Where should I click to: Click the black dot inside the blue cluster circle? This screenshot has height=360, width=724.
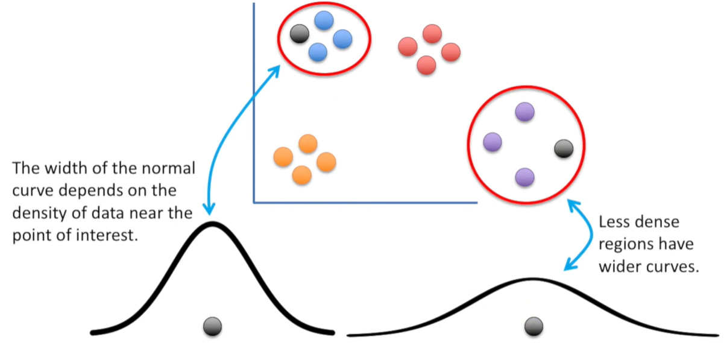click(x=299, y=33)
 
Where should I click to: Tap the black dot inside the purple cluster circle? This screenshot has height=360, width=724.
click(x=563, y=148)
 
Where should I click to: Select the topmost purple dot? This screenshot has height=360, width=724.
click(x=525, y=112)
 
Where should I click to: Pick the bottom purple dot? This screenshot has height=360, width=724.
click(x=525, y=177)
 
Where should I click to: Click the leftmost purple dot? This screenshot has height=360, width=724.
click(x=493, y=142)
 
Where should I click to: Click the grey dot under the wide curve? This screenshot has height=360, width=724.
click(x=534, y=326)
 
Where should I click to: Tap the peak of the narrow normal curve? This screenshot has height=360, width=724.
click(x=212, y=224)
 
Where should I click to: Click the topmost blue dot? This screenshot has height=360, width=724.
click(x=324, y=21)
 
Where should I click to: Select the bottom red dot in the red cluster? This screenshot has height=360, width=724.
click(x=426, y=65)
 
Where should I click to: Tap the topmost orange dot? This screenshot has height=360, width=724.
click(x=307, y=144)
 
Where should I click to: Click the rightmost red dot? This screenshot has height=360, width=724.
click(x=450, y=52)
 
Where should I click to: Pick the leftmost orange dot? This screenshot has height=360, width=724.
click(x=283, y=157)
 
